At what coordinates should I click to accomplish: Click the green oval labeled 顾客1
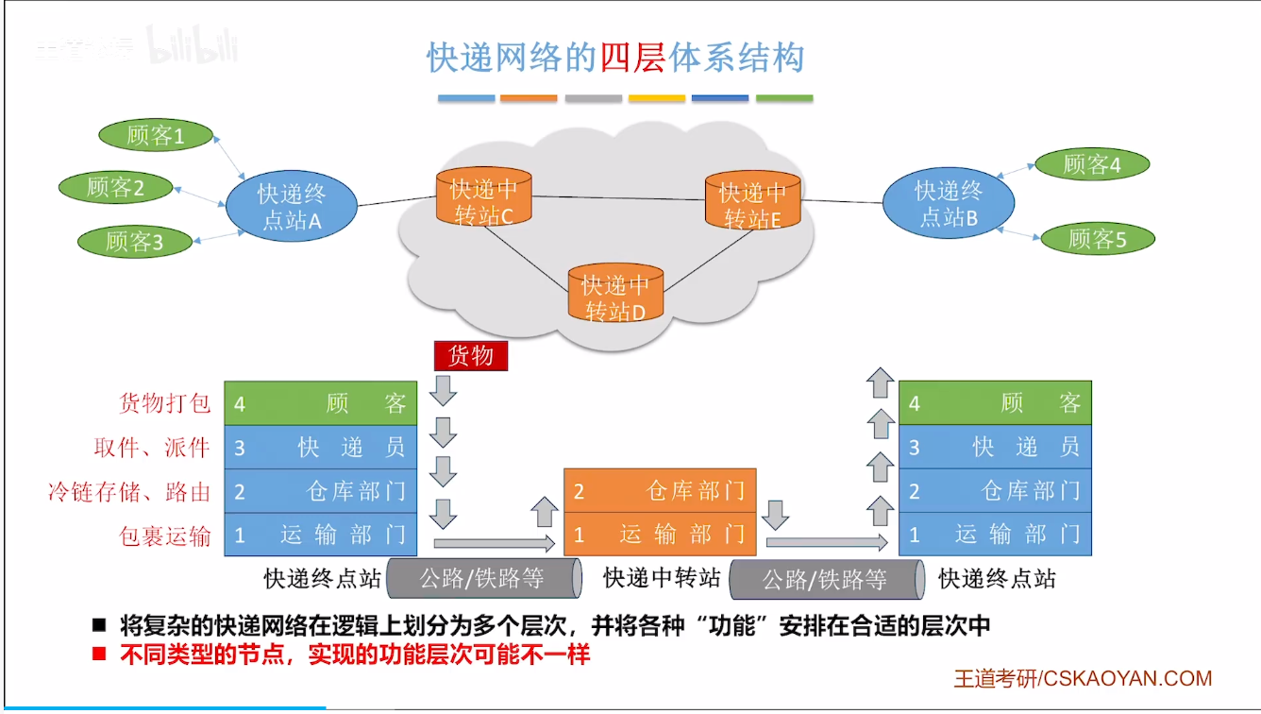pos(156,135)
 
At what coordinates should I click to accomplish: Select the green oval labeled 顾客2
pos(116,188)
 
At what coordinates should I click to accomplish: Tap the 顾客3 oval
pos(135,242)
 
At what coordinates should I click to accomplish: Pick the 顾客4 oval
pos(1092,164)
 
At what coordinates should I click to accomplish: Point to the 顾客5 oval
pos(1098,239)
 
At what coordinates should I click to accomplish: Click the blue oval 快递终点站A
pos(292,206)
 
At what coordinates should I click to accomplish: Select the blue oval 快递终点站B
pos(949,203)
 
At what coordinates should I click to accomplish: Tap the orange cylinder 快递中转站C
pos(484,195)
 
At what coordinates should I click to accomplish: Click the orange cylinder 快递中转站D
pos(615,293)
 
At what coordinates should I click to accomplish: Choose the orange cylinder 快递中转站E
pos(753,200)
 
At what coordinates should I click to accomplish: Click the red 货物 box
pos(471,356)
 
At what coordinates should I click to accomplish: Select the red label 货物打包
pos(164,403)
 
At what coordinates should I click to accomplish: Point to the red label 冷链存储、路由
pos(129,491)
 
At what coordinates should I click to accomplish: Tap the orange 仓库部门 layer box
pos(660,490)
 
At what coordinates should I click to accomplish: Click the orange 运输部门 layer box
pos(660,534)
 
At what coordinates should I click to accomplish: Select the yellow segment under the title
pos(657,98)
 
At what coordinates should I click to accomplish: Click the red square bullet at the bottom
pos(99,654)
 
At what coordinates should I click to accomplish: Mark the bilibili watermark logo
pos(193,44)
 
